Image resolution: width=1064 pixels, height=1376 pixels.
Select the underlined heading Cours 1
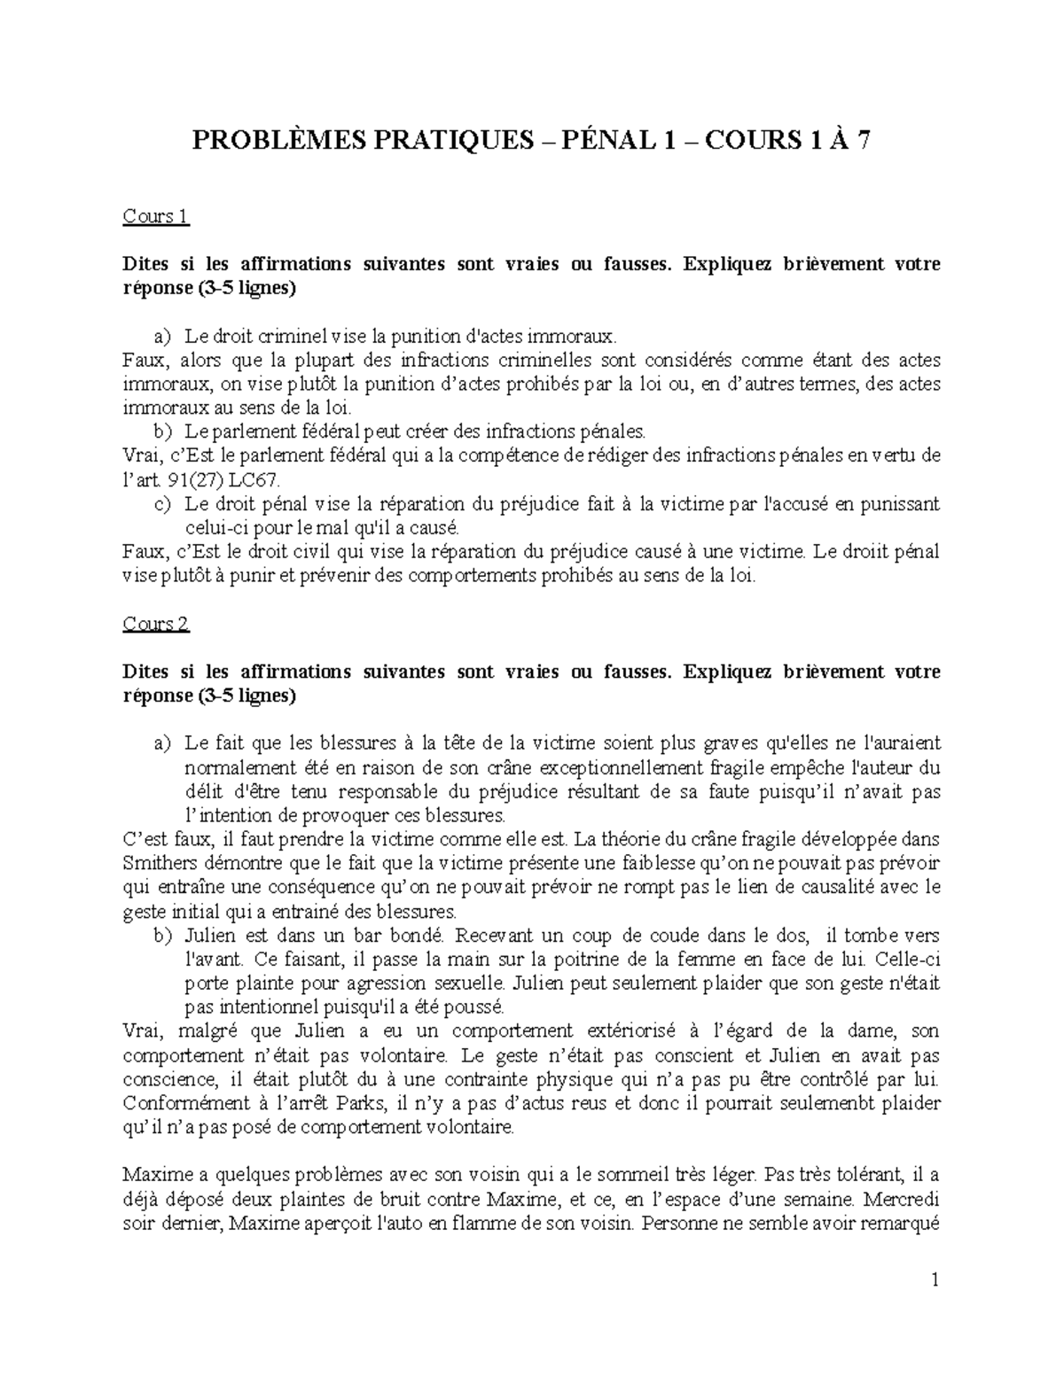[x=156, y=216]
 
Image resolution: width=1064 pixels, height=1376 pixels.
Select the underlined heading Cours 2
[x=156, y=624]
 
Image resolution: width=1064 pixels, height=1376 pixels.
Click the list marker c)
[x=161, y=504]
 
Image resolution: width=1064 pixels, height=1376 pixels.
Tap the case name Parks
[x=360, y=1103]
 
